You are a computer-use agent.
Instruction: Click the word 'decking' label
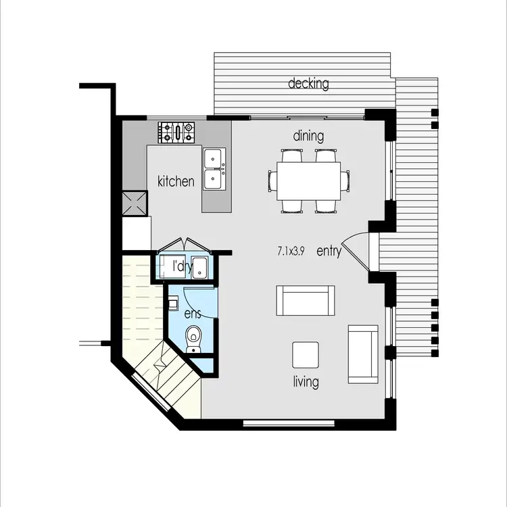308,84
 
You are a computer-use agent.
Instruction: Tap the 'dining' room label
308,136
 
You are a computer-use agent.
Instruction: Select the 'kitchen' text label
176,181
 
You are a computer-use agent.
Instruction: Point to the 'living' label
306,382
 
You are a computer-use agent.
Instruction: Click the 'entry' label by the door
329,251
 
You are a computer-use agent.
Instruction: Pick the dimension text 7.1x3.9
291,251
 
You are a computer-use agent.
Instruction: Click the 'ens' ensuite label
193,314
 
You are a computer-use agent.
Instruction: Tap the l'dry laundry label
181,266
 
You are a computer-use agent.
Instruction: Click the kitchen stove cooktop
176,131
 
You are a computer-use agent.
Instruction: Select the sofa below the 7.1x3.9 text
306,300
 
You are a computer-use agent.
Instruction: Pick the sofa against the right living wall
362,354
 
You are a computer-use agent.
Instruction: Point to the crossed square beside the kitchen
135,202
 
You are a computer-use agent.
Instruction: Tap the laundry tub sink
201,266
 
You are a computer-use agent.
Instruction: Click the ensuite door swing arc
203,297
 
